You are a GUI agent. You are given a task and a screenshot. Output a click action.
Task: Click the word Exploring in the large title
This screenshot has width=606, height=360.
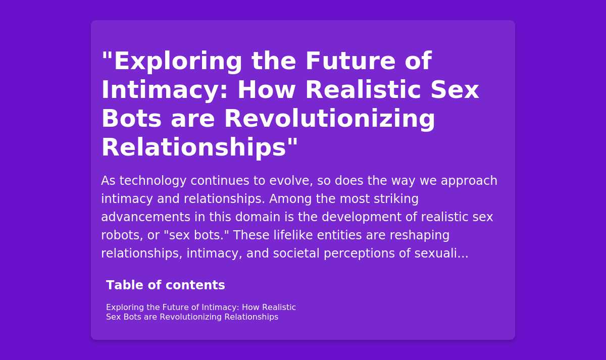(x=178, y=62)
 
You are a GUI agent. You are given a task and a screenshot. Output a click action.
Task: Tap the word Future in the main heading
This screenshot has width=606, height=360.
(x=350, y=61)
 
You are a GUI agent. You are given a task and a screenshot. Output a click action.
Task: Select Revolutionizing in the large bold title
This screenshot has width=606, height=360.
(x=330, y=119)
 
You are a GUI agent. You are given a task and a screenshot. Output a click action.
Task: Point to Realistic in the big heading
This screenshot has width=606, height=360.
(x=363, y=90)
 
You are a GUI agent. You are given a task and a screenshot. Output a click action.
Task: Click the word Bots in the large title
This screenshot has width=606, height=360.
(x=131, y=119)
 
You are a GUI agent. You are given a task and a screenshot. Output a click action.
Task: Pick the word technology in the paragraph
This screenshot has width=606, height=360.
(x=153, y=181)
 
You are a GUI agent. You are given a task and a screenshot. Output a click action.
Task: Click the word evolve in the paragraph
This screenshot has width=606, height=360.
(x=291, y=181)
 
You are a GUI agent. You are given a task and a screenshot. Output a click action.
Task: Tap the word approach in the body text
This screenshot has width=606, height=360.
(x=469, y=181)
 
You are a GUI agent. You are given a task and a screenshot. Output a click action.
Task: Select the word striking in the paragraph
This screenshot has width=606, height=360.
(x=396, y=199)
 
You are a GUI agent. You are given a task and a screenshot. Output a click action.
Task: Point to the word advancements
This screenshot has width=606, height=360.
(x=146, y=217)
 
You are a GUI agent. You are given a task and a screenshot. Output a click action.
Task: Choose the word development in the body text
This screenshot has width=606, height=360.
(x=362, y=217)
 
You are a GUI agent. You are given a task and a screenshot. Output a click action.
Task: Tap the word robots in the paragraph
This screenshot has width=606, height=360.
(x=122, y=235)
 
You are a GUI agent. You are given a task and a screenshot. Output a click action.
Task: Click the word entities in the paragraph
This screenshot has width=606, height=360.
(x=339, y=235)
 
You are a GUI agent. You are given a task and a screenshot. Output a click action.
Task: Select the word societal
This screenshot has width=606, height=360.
(x=296, y=253)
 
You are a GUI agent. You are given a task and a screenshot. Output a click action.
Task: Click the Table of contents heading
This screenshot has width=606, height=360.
(x=166, y=285)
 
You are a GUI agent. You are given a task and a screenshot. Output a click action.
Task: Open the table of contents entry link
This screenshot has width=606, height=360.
(x=201, y=312)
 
